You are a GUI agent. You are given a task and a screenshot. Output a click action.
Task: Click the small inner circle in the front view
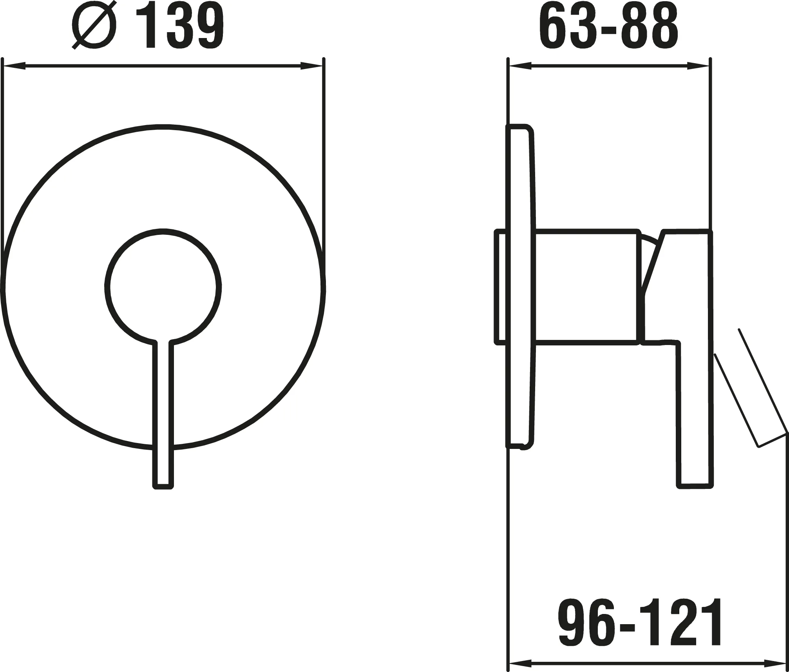[163, 287]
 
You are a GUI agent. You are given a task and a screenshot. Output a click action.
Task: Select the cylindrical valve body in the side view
[586, 287]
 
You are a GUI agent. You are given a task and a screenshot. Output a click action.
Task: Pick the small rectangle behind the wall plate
[501, 287]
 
